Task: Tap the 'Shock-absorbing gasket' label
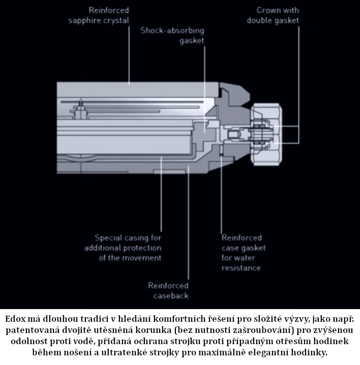(172, 35)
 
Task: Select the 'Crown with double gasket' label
(273, 15)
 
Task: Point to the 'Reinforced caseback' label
(168, 290)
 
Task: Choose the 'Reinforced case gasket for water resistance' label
(243, 253)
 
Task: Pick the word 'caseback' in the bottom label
(168, 295)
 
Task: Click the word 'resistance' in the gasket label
(241, 268)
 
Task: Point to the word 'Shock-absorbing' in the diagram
(172, 30)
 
